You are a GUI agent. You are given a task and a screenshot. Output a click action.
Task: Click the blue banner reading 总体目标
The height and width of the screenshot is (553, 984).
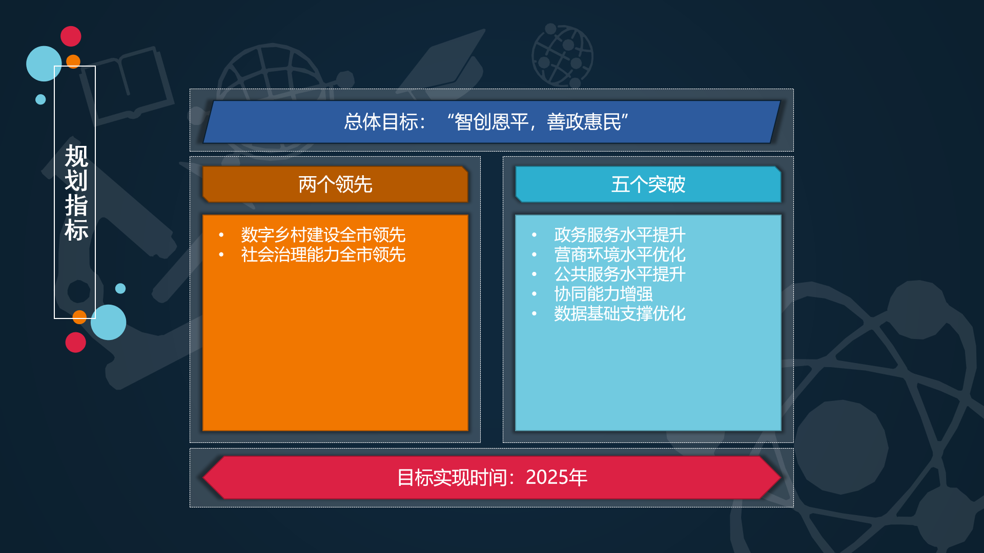491,122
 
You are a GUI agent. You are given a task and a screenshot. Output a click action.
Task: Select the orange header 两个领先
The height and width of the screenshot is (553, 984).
335,184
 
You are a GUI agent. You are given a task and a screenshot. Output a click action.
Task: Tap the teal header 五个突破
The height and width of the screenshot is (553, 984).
648,184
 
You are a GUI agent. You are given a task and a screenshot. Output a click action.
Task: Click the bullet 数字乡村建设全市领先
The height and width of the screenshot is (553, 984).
323,235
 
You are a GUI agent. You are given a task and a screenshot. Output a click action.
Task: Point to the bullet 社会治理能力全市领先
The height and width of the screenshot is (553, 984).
323,254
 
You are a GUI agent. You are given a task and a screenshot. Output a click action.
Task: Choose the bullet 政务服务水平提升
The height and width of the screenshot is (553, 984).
620,235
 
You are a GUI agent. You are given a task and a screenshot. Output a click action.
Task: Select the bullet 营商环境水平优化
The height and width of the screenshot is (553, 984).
620,254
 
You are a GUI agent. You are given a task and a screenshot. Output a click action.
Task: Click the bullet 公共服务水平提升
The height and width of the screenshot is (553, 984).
620,274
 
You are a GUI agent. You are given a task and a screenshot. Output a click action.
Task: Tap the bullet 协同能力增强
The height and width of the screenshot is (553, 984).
603,294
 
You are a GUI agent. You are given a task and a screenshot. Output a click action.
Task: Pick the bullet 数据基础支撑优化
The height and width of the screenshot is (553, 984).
620,313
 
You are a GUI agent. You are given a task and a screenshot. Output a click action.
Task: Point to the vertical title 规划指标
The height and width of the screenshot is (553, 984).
76,193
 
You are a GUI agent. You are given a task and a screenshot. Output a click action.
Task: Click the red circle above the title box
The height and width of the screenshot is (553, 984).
71,36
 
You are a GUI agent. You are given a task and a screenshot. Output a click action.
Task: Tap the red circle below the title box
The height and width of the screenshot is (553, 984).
75,342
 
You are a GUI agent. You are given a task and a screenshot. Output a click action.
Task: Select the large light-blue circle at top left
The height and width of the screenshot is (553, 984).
44,63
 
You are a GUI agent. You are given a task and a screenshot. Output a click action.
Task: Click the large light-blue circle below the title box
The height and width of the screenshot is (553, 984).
108,323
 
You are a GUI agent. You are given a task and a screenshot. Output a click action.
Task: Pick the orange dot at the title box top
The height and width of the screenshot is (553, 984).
73,61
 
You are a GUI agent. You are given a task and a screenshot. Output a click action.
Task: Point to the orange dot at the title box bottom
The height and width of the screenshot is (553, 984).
79,317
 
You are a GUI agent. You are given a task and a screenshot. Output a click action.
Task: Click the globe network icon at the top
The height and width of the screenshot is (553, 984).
562,55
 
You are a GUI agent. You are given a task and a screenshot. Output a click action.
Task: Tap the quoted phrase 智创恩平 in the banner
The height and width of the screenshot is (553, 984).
491,122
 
